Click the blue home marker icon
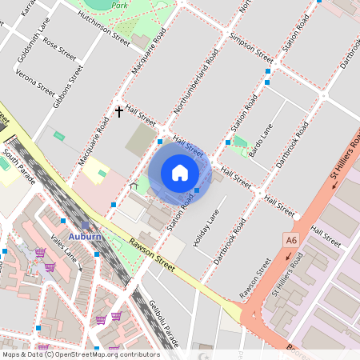[180, 172]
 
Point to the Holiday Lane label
[206, 230]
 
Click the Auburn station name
[85, 237]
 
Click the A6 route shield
[290, 238]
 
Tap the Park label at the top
[120, 5]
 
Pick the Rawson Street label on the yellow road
[153, 257]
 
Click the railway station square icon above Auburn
[85, 226]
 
